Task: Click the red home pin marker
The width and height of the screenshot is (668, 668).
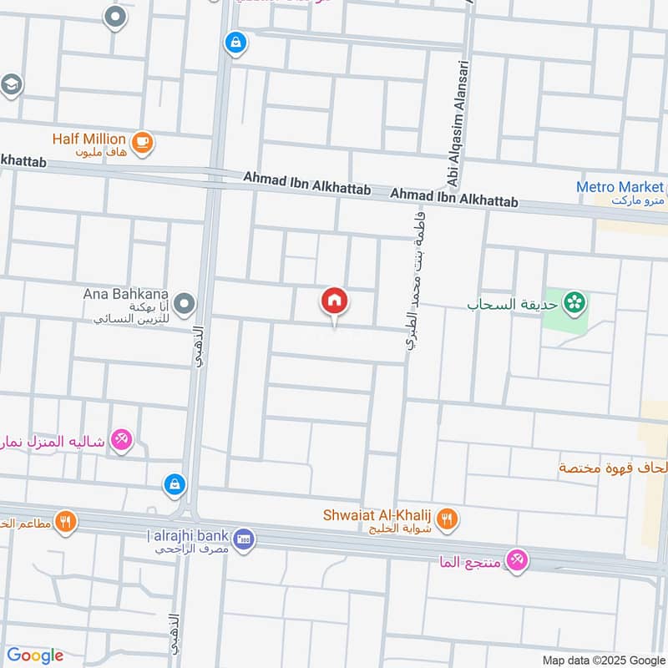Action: point(335,301)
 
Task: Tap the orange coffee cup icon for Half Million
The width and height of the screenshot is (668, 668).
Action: point(142,141)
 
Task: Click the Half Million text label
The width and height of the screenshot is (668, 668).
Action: point(89,139)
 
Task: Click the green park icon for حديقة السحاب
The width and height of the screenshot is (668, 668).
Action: point(574,304)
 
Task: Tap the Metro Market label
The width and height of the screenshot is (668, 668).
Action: point(620,188)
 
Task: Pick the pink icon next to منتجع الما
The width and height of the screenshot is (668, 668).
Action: point(518,562)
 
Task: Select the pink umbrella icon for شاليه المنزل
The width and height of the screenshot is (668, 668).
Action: point(122,439)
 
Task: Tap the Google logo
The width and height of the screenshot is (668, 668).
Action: point(35,655)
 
